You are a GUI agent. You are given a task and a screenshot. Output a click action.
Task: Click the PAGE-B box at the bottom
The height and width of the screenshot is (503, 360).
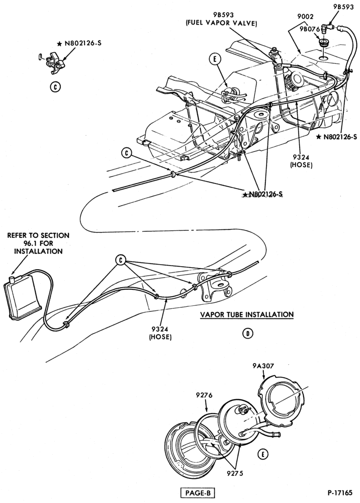[x=198, y=492]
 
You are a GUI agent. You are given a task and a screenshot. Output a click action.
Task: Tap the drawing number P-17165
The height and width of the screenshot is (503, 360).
[x=340, y=492]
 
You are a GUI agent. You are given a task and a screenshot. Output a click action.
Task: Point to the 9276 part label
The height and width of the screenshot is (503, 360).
[x=204, y=396]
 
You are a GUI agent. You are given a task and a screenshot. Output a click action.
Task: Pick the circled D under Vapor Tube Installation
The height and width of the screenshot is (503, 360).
[x=247, y=334]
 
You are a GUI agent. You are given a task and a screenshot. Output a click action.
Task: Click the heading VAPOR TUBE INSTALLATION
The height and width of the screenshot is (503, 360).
[x=247, y=315]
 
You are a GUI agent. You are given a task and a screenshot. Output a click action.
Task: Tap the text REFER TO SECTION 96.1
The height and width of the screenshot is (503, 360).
[x=38, y=239]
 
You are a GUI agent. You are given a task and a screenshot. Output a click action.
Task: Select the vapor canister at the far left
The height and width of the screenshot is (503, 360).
[x=23, y=294]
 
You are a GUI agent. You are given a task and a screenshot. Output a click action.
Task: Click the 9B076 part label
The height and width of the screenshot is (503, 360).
[x=310, y=29]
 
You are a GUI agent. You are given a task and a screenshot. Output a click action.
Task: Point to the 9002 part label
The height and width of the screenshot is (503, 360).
[x=305, y=17]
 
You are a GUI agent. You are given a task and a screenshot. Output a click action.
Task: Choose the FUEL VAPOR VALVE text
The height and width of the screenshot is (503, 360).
[x=222, y=24]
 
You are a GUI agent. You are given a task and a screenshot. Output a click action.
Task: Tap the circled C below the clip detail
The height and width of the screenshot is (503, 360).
[x=55, y=87]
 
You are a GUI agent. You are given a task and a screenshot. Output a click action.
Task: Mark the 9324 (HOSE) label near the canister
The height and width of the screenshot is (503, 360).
[x=160, y=333]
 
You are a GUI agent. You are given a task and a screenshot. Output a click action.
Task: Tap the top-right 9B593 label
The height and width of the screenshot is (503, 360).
[x=343, y=7]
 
